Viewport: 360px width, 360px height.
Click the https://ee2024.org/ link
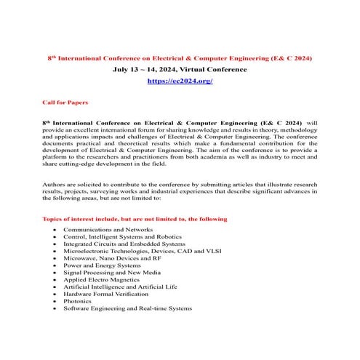[180, 81]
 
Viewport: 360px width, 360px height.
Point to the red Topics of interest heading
[135, 219]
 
